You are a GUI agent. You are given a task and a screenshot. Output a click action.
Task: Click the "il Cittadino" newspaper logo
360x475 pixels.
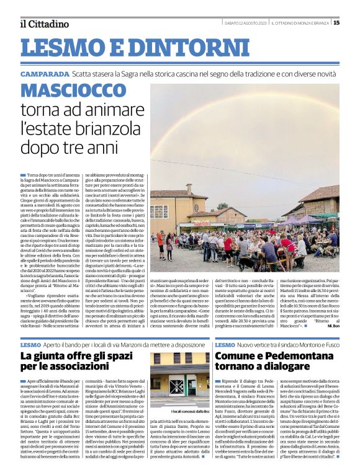[x=43, y=24]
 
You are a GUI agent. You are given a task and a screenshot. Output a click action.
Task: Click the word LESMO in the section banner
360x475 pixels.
[x=64, y=48]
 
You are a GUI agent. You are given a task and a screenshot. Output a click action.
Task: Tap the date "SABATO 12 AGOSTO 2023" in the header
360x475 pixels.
[x=246, y=24]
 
